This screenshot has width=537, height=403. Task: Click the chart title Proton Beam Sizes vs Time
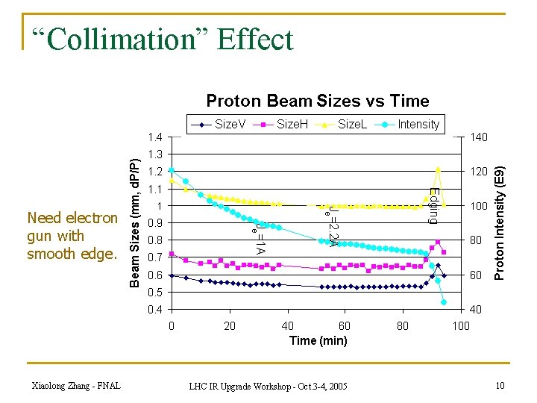pos(317,101)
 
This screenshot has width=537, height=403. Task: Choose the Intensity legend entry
pos(409,124)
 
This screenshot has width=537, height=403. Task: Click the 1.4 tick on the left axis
pos(155,137)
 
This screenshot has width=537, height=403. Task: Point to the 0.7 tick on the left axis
pos(155,257)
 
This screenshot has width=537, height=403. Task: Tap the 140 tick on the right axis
pos(478,137)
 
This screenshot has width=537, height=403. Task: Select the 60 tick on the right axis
pos(475,275)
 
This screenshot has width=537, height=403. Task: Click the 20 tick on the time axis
pos(229,325)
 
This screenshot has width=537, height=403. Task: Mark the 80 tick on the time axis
pos(403,325)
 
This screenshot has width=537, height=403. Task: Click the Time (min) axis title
pos(318,341)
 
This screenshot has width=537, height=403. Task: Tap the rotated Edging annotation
pos(433,206)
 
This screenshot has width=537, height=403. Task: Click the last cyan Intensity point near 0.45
pos(444,302)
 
